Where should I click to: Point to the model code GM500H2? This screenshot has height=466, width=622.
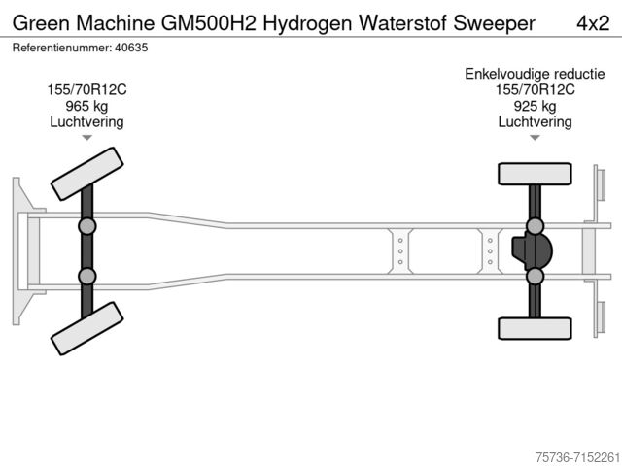187,21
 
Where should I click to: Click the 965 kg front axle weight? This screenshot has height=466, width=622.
86,106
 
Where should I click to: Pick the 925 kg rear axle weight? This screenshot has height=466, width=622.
535,106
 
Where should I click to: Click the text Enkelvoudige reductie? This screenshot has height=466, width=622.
534,74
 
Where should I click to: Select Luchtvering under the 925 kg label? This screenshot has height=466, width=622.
535,121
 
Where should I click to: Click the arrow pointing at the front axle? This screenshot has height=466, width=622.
86,138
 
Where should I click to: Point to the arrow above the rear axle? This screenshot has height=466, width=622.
535,138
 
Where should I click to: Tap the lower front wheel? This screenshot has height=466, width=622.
86,328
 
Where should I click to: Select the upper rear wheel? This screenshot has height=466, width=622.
534,174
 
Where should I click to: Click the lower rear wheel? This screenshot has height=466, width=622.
534,328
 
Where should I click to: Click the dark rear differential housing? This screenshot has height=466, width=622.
532,251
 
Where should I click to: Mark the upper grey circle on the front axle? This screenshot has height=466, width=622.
86,226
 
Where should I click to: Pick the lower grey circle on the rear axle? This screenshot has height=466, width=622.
535,276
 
